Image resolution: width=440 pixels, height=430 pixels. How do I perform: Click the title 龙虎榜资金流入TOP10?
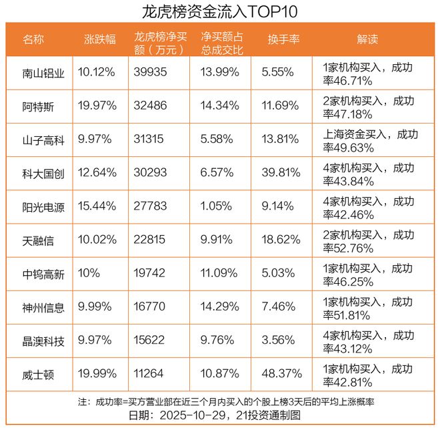tap(220, 11)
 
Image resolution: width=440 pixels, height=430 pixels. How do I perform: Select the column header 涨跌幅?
tap(98, 39)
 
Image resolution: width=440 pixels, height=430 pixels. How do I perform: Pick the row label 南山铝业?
tap(43, 73)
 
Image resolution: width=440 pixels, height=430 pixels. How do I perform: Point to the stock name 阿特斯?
tap(38, 107)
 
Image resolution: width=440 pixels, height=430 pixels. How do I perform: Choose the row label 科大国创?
tap(43, 174)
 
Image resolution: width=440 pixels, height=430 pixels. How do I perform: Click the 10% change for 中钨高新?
tap(89, 274)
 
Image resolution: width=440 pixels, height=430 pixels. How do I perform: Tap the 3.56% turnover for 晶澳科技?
tap(279, 341)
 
